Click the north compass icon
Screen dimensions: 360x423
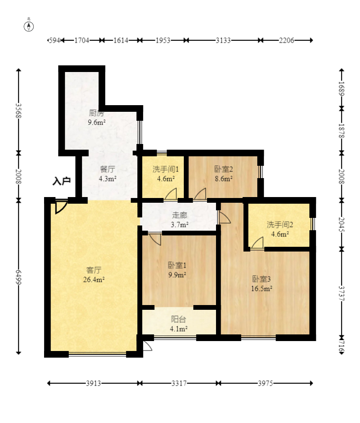(x=29, y=27)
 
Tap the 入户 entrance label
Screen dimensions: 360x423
(x=62, y=181)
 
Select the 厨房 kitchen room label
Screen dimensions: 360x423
(x=96, y=113)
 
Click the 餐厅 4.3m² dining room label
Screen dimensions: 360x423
(x=108, y=174)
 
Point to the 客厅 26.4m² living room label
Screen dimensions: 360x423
(x=94, y=275)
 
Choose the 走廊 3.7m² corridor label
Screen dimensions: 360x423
(x=180, y=220)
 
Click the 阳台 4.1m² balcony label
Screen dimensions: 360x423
(x=179, y=324)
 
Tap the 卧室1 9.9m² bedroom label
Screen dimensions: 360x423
(x=177, y=270)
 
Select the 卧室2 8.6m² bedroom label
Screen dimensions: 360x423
(x=224, y=174)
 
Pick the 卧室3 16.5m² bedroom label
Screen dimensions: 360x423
(x=261, y=284)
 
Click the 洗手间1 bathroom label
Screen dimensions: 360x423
(x=166, y=169)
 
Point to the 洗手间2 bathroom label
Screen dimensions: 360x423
(x=280, y=225)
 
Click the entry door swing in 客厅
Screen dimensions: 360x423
(x=61, y=207)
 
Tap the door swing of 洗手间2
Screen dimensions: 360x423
(x=257, y=243)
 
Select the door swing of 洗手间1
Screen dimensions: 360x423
(x=171, y=194)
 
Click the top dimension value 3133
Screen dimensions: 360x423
(x=223, y=40)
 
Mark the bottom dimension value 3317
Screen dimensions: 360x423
(x=179, y=383)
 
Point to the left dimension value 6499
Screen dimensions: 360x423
(x=18, y=277)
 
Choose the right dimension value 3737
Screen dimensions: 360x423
(x=342, y=294)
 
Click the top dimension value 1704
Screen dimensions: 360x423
(x=82, y=40)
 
